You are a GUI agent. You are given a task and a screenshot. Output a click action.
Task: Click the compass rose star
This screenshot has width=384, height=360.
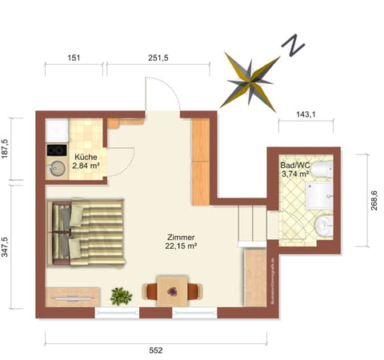pyautogui.click(x=250, y=81)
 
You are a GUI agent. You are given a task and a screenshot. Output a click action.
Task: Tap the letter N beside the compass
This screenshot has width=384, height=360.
pyautogui.click(x=294, y=46)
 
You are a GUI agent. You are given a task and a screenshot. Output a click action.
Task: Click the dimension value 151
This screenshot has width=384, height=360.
pyautogui.click(x=74, y=58)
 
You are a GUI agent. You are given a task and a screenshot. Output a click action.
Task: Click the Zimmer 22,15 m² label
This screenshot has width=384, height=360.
pyautogui.click(x=182, y=242)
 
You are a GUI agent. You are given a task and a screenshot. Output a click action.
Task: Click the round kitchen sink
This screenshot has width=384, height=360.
pyautogui.click(x=57, y=169)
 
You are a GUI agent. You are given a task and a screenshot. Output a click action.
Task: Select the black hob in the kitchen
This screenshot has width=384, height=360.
pyautogui.click(x=56, y=150)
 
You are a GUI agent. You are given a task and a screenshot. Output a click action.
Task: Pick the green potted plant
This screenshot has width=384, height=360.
pyautogui.click(x=121, y=295)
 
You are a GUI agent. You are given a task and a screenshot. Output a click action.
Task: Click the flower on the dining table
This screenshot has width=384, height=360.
pyautogui.click(x=172, y=291)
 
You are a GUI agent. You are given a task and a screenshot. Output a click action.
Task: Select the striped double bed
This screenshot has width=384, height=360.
pyautogui.click(x=88, y=233)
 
